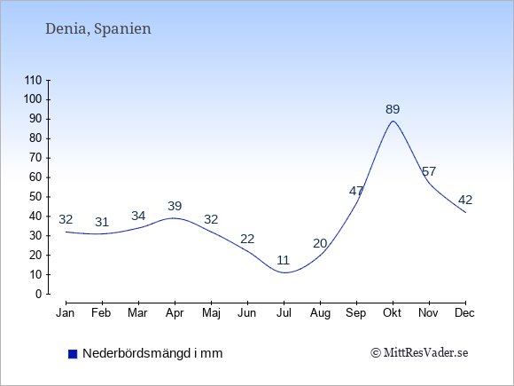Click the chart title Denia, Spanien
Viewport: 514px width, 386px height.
98,29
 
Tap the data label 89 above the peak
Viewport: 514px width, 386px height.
393,109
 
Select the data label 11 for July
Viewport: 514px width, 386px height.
284,260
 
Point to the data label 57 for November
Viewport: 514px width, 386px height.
429,171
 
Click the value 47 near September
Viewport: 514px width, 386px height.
356,191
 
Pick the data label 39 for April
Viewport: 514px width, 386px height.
175,206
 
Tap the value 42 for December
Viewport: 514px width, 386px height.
465,200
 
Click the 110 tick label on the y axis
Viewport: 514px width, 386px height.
33,81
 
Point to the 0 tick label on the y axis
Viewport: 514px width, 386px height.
39,294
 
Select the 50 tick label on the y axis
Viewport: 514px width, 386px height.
35,197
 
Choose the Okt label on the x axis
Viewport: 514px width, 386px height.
392,313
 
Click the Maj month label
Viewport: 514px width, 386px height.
211,313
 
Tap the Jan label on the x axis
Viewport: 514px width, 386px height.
66,313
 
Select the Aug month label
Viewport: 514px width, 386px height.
320,313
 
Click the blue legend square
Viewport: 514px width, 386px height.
73,354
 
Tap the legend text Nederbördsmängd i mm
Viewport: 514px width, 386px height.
152,353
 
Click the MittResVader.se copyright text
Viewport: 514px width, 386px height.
419,353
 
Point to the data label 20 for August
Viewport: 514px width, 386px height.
320,243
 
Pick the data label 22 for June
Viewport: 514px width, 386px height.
247,239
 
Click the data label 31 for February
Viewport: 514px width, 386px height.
102,222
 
